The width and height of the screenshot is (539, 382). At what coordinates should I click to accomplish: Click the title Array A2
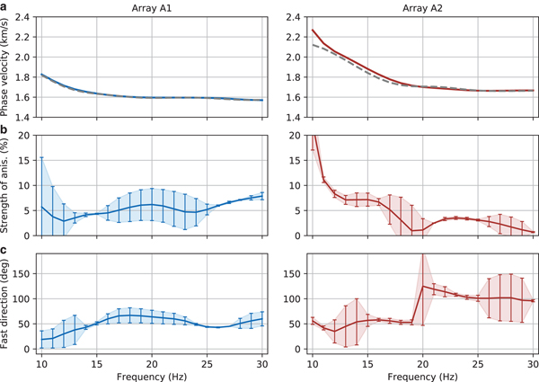[x=421, y=6]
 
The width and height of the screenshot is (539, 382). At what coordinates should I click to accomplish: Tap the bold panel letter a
[x=5, y=6]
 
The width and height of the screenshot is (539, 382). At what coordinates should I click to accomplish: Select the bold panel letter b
[x=5, y=130]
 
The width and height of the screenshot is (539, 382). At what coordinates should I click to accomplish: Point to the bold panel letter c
[x=5, y=251]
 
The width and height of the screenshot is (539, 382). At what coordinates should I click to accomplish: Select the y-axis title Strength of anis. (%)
[x=8, y=185]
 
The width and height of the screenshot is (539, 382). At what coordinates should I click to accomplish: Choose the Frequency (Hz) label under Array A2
[x=421, y=375]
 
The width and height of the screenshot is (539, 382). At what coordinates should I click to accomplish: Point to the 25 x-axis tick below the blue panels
[x=208, y=361]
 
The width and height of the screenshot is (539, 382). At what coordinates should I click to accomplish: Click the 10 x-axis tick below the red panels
[x=312, y=361]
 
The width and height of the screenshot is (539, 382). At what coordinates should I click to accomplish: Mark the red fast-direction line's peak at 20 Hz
[x=422, y=286]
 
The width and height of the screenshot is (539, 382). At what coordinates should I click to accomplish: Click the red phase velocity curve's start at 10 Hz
[x=312, y=31]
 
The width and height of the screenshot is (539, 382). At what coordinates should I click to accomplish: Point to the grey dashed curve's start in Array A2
[x=312, y=45]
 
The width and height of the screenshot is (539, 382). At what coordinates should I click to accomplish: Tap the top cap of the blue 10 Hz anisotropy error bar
[x=41, y=157]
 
